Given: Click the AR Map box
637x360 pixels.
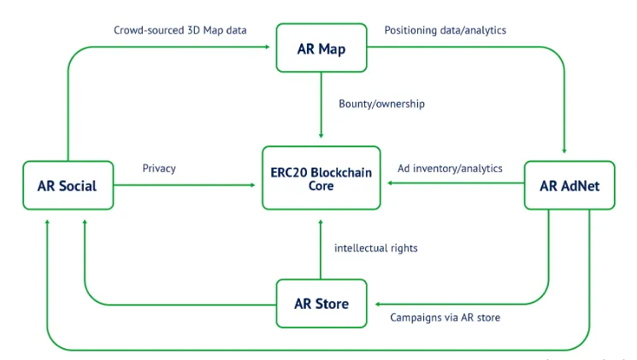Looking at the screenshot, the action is [321, 48].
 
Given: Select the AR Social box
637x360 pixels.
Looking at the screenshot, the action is [68, 186].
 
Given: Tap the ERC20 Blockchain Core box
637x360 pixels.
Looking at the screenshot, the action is [321, 178].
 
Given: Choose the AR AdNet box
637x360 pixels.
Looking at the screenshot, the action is [569, 186].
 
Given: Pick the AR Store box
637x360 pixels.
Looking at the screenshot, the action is [321, 304].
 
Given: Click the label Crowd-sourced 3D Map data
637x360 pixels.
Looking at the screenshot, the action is [180, 31].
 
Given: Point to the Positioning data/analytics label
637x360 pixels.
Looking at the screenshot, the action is [445, 31].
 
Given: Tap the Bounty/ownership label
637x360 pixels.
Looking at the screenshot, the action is [381, 104].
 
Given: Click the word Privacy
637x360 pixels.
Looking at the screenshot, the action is [159, 168].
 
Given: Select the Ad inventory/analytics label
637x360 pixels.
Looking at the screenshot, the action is [450, 168].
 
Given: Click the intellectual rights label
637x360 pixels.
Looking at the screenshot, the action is [375, 248].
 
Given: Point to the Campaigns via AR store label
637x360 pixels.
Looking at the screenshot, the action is [445, 317].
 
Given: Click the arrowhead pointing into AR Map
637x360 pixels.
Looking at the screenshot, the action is [268, 47].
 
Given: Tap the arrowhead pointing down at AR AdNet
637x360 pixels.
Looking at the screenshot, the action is [564, 150].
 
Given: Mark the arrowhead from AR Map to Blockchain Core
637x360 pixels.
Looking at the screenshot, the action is [321, 136].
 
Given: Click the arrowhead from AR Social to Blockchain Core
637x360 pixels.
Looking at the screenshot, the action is [253, 185].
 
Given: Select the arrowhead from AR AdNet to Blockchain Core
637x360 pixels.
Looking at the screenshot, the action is [390, 183].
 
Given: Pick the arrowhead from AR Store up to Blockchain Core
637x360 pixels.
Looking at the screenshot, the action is [321, 222].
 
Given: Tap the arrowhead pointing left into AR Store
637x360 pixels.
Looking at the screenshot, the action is [378, 304].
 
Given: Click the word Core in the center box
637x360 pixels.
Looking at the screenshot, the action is [321, 186].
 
